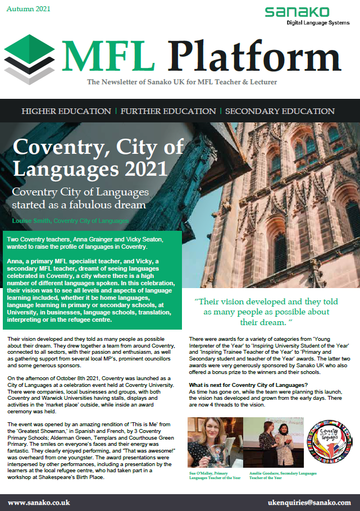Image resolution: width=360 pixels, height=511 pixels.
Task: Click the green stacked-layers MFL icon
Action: pos(33,56)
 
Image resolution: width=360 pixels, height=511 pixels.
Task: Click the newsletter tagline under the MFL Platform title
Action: pos(181,83)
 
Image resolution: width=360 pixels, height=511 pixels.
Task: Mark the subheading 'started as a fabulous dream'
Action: pos(79,204)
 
